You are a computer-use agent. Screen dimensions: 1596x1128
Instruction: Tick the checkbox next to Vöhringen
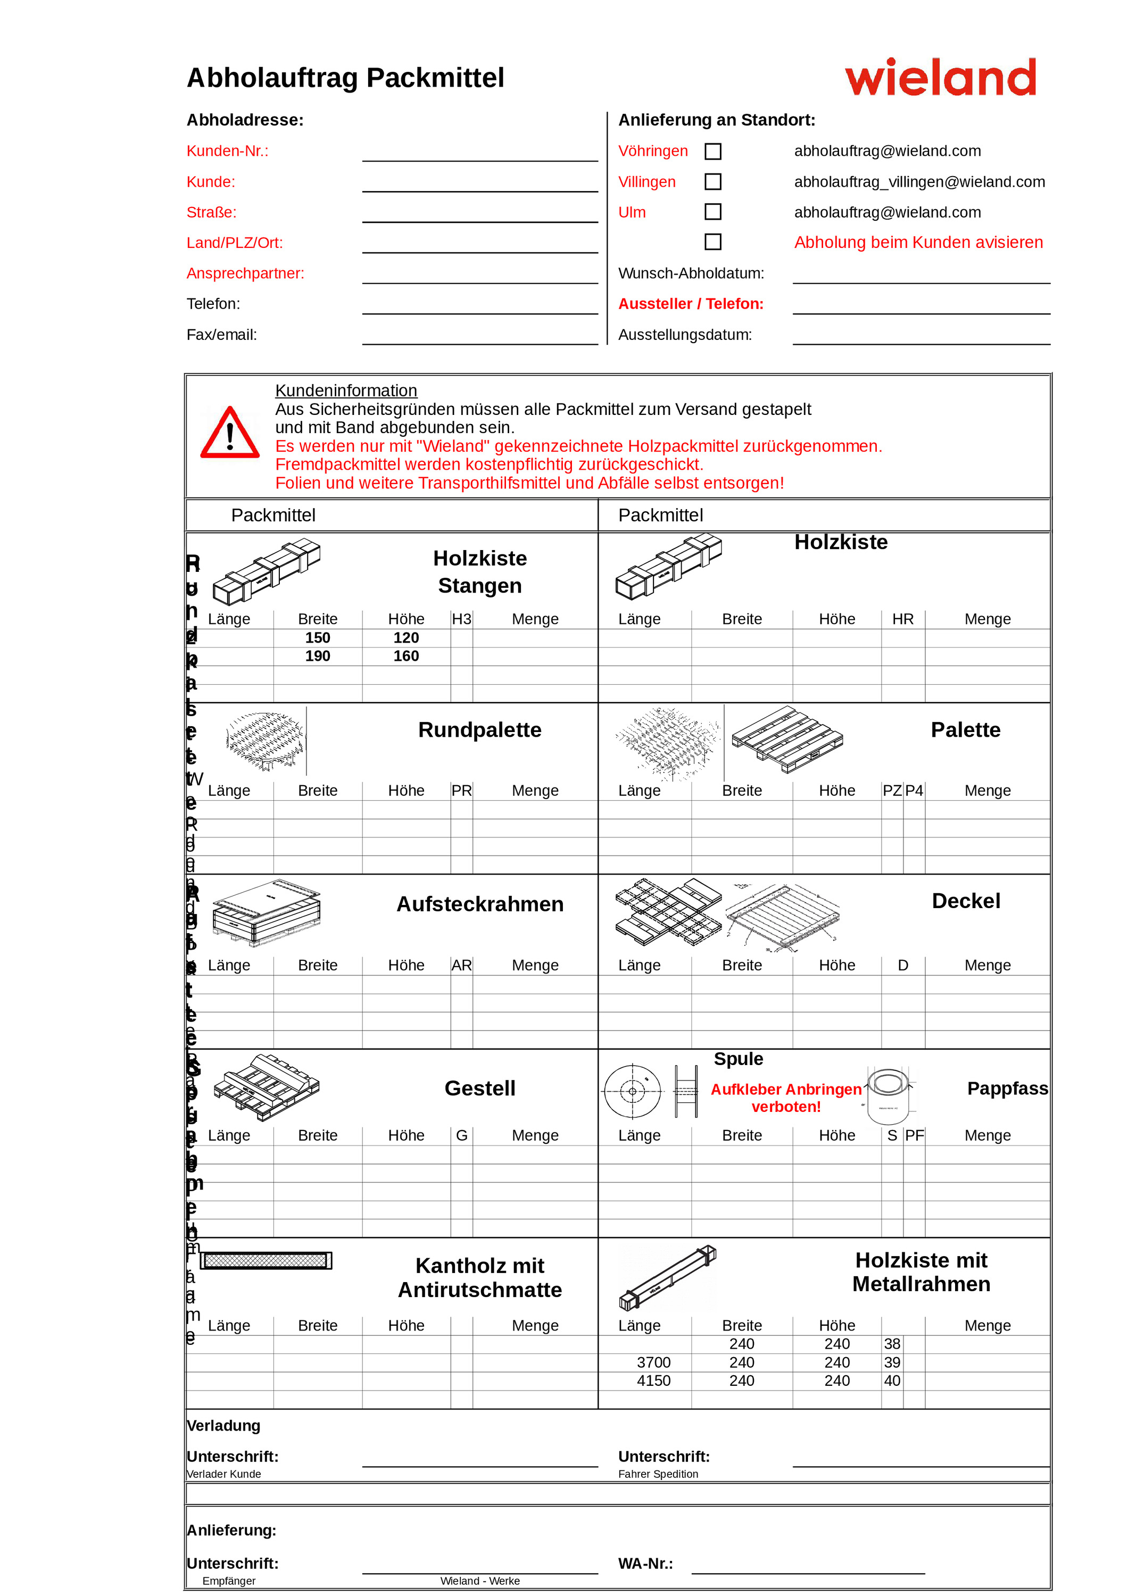tap(712, 152)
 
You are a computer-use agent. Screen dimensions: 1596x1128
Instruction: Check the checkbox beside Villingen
tap(712, 182)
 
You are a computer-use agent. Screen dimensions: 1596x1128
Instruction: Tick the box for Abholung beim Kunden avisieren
tap(712, 242)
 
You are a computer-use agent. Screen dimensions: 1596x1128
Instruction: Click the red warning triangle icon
tap(230, 434)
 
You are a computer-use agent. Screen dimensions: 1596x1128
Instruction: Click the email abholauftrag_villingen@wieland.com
tap(919, 182)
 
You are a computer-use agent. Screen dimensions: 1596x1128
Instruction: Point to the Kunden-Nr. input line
tap(479, 154)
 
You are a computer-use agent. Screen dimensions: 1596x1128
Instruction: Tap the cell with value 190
tap(318, 656)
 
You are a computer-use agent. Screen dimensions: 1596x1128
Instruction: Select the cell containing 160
tap(406, 656)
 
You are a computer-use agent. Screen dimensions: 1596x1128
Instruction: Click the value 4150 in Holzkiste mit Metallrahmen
tap(653, 1381)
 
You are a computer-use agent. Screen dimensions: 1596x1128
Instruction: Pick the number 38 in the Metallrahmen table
tap(892, 1344)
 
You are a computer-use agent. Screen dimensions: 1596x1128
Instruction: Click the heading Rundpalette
tap(479, 730)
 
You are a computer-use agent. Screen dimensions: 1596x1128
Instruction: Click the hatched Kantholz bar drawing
tap(266, 1260)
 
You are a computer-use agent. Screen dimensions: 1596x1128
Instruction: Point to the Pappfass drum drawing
tap(888, 1095)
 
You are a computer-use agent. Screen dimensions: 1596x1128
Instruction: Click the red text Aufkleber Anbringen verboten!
tap(785, 1098)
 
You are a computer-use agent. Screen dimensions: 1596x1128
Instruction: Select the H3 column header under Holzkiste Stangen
tap(461, 619)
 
